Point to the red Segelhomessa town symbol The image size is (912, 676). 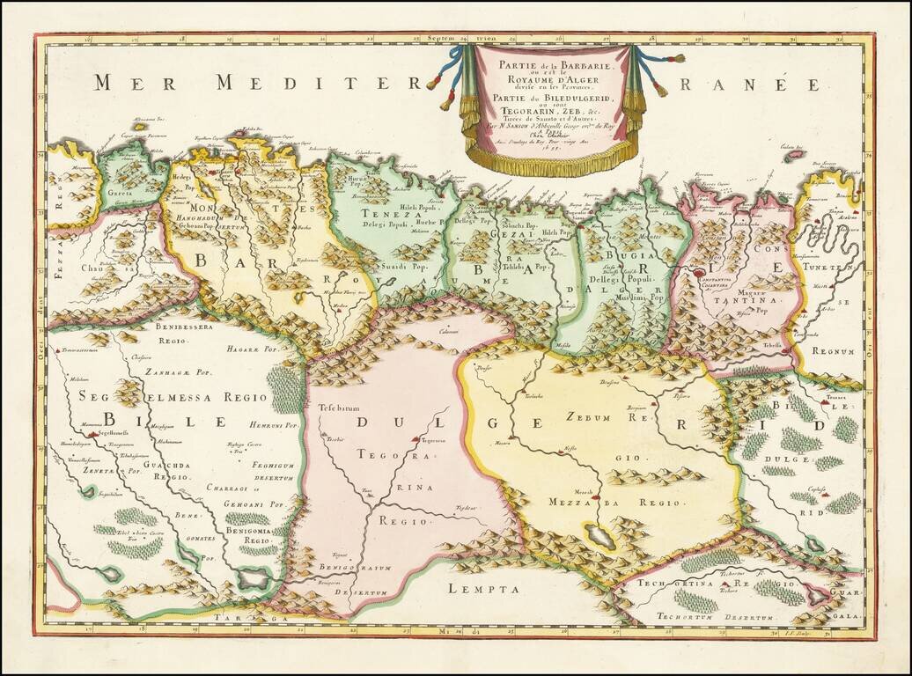tap(92, 435)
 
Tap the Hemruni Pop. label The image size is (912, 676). tap(275, 424)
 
